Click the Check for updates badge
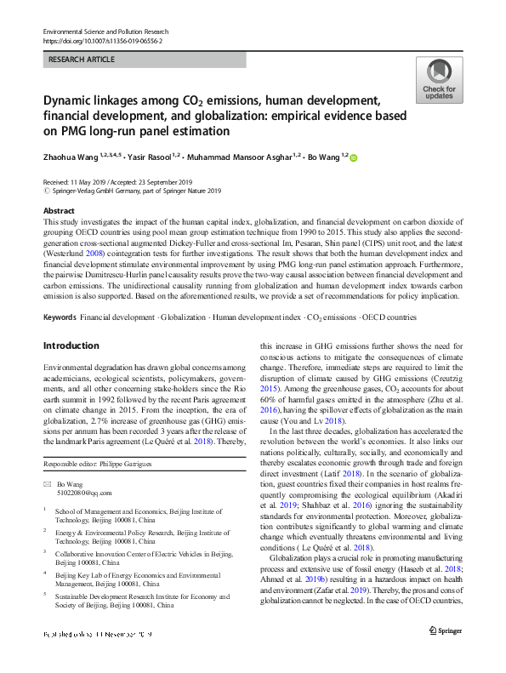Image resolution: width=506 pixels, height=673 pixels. [x=439, y=81]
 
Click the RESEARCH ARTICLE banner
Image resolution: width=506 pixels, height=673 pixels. [x=144, y=60]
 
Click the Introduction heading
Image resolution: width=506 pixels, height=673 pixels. [x=71, y=322]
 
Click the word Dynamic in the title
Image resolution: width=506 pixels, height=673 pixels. [x=66, y=100]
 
